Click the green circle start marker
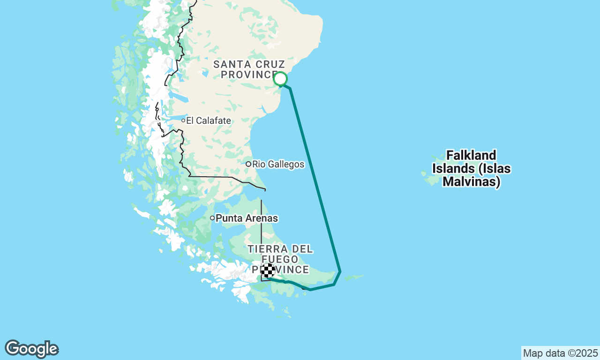[x=280, y=79]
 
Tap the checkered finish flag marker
[x=268, y=270]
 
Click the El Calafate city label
[x=208, y=121]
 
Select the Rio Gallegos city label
[x=278, y=165]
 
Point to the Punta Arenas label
[x=247, y=218]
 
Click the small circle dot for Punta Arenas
[x=212, y=218]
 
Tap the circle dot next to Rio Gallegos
[x=248, y=164]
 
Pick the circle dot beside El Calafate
[x=183, y=120]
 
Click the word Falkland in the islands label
[x=471, y=155]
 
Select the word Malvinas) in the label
[x=471, y=181]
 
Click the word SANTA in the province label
[x=229, y=64]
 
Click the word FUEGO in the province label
[x=280, y=259]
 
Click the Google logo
[x=31, y=349]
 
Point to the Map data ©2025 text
[x=560, y=353]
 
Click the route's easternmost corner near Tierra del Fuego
[x=340, y=271]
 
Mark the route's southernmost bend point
[x=310, y=290]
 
